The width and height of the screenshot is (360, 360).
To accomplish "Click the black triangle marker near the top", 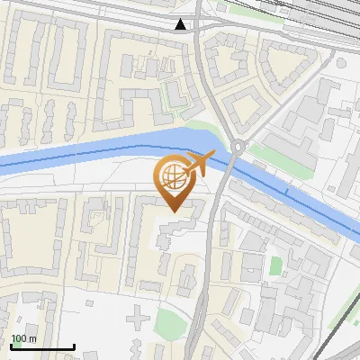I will click(182, 24).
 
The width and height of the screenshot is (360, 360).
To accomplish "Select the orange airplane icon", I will click(200, 164).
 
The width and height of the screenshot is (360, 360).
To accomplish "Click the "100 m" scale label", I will click(23, 338).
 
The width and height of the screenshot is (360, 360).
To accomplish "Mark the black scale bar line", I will click(42, 346).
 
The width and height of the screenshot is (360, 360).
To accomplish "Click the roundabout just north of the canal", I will click(238, 147).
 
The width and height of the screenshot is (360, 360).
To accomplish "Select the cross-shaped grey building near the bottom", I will click(137, 317).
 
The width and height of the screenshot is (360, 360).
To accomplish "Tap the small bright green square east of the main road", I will click(275, 265).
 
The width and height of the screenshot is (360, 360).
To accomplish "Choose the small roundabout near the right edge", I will click(341, 63).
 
